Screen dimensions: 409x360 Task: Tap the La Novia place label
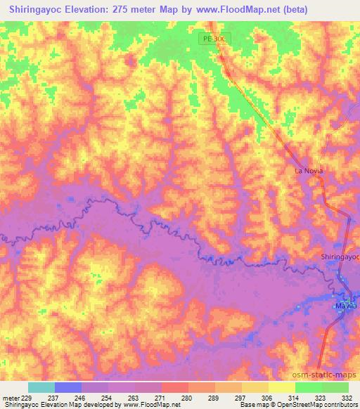point(307,171)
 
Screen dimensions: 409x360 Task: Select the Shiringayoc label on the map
point(340,257)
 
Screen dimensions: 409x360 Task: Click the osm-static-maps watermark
point(328,375)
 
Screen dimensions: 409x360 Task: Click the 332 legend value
point(346,397)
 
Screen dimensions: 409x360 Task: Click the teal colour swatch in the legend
point(41,387)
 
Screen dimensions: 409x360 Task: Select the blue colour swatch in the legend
point(68,387)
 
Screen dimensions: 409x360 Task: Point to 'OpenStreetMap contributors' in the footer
point(314,405)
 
